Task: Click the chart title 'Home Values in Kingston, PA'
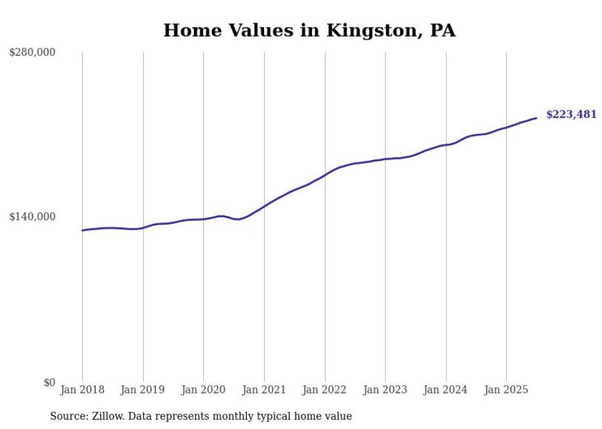(309, 30)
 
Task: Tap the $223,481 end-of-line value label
(571, 114)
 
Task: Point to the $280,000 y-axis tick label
(33, 52)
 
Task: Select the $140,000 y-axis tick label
(33, 217)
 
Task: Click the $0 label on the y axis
(49, 382)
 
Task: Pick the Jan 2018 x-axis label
(82, 390)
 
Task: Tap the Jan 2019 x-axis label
(143, 390)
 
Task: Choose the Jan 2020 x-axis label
(203, 390)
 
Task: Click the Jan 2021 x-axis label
(264, 390)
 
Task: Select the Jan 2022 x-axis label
(324, 390)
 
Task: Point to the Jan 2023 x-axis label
(385, 390)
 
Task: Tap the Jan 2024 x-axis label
(445, 390)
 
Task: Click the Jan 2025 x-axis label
(506, 390)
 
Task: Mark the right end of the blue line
(536, 118)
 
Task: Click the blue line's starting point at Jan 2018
(82, 230)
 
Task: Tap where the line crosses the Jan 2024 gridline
(446, 145)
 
